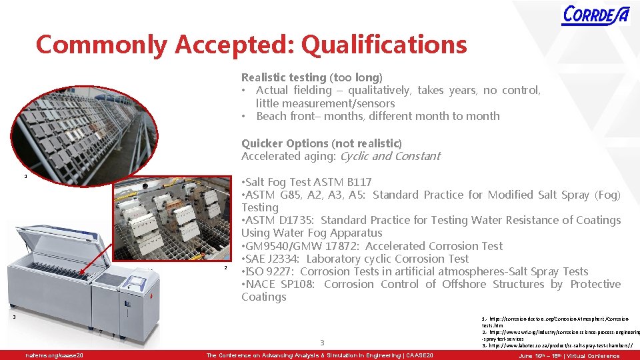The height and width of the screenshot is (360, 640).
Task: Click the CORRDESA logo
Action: pyautogui.click(x=595, y=15)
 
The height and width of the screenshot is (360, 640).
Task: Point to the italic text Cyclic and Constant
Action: pyautogui.click(x=390, y=156)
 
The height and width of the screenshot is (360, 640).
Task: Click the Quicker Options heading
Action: pyautogui.click(x=321, y=143)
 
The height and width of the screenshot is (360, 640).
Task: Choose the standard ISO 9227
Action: pyautogui.click(x=270, y=271)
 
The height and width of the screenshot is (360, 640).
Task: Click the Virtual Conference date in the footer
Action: pyautogui.click(x=569, y=355)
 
